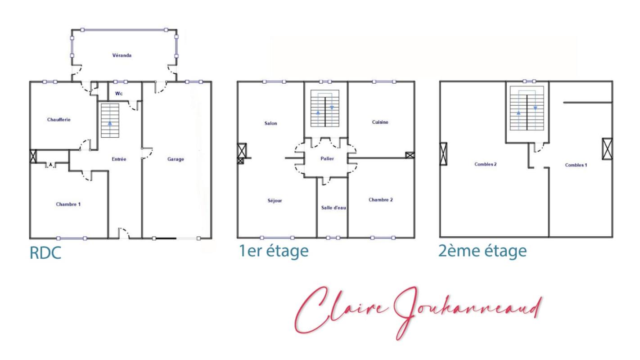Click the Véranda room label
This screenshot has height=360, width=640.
pyautogui.click(x=122, y=55)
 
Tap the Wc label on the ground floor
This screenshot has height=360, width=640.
pyautogui.click(x=119, y=94)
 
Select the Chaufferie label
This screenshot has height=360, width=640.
pyautogui.click(x=59, y=119)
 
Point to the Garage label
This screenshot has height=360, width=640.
pyautogui.click(x=176, y=159)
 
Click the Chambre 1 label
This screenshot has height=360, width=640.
pyautogui.click(x=68, y=204)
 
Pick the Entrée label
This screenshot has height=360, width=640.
pyautogui.click(x=119, y=159)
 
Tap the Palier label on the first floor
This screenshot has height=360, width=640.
pyautogui.click(x=327, y=158)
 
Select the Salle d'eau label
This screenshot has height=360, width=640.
pyautogui.click(x=334, y=208)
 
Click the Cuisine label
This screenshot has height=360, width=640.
pyautogui.click(x=380, y=122)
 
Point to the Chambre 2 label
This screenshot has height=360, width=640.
pyautogui.click(x=381, y=200)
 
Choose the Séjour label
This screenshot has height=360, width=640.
pyautogui.click(x=275, y=201)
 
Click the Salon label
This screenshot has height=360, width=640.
pyautogui.click(x=270, y=123)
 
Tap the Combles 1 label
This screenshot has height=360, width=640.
pyautogui.click(x=576, y=165)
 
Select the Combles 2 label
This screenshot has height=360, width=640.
pyautogui.click(x=486, y=164)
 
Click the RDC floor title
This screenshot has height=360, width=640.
pyautogui.click(x=45, y=253)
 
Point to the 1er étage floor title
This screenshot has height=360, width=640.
pyautogui.click(x=274, y=251)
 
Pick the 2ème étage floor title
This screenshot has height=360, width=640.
pyautogui.click(x=482, y=251)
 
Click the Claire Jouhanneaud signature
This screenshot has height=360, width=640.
pyautogui.click(x=418, y=313)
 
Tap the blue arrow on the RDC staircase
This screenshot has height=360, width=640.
pyautogui.click(x=110, y=123)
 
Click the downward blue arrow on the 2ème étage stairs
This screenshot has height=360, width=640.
pyautogui.click(x=535, y=108)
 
